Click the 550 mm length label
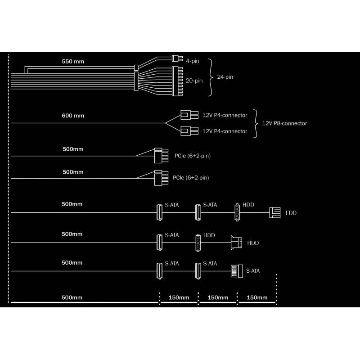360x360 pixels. (x=73, y=62)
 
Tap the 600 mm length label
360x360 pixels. (x=73, y=116)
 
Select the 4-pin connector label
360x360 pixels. (x=193, y=61)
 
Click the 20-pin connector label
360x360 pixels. (x=194, y=81)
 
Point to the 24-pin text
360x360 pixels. (x=225, y=77)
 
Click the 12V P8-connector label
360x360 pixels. (x=284, y=123)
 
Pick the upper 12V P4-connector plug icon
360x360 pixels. (x=189, y=115)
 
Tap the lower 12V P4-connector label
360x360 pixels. (x=225, y=131)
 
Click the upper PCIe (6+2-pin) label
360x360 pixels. (x=193, y=156)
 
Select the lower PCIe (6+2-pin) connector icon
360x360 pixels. (x=161, y=178)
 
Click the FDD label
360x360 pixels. (x=291, y=213)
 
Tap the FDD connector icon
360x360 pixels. (x=275, y=212)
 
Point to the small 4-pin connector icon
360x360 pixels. (x=177, y=58)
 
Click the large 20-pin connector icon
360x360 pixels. (x=177, y=81)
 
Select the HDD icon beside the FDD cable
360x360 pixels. (x=237, y=212)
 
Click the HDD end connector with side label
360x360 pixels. (x=236, y=243)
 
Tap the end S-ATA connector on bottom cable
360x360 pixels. (x=237, y=271)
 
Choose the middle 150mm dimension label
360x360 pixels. (x=218, y=297)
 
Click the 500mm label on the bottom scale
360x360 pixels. (x=72, y=297)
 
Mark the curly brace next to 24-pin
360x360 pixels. (x=210, y=77)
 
